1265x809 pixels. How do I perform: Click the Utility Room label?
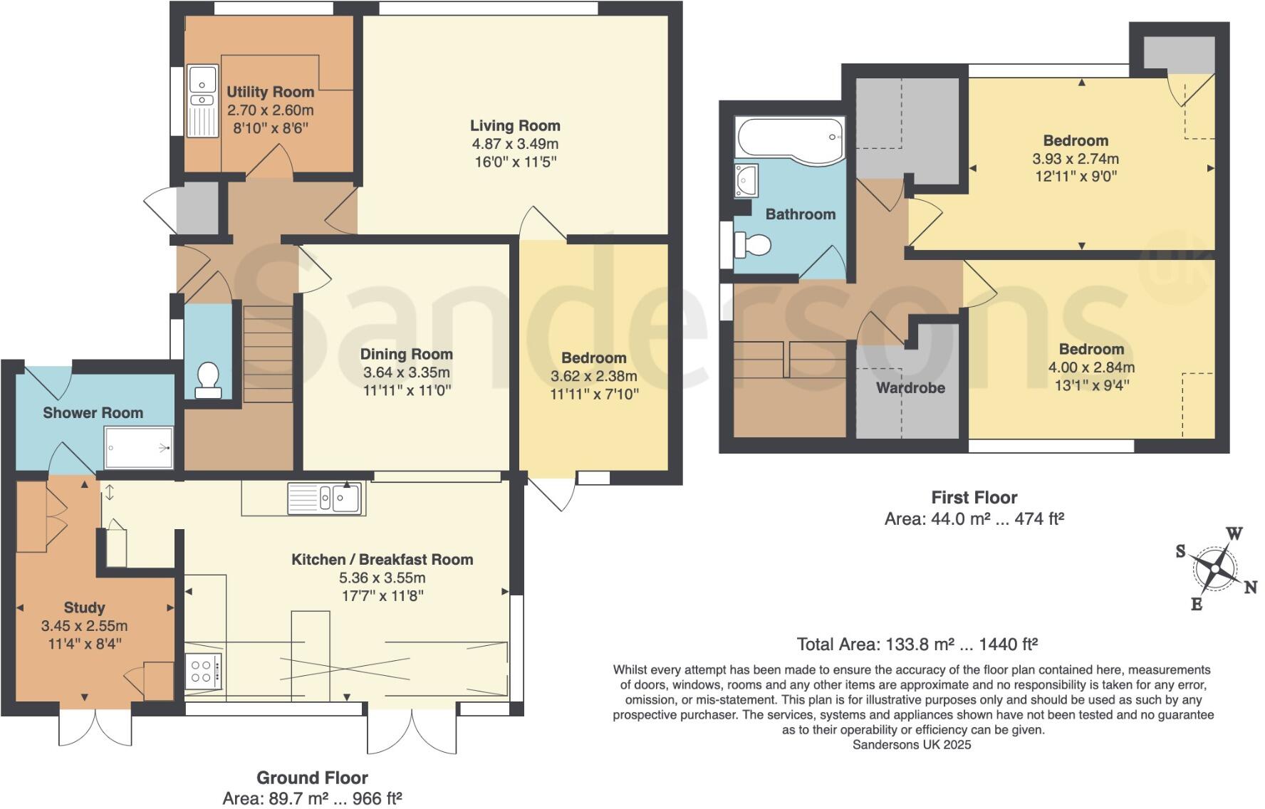click(270, 92)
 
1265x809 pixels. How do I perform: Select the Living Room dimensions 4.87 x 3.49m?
click(515, 144)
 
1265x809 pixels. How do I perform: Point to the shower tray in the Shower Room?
click(139, 447)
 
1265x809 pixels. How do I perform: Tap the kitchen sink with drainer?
click(326, 498)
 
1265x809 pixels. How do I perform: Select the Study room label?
click(84, 607)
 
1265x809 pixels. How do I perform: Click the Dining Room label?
click(406, 354)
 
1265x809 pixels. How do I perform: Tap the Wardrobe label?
click(910, 388)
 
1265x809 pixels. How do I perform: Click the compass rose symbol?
click(1216, 569)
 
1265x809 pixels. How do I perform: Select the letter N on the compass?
click(1250, 588)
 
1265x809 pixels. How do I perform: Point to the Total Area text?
click(917, 644)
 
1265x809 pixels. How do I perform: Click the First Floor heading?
click(974, 497)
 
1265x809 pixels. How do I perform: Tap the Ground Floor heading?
click(312, 778)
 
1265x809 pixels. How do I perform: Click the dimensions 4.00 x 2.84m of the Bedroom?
click(1091, 367)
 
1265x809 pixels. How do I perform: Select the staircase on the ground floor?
click(268, 353)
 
